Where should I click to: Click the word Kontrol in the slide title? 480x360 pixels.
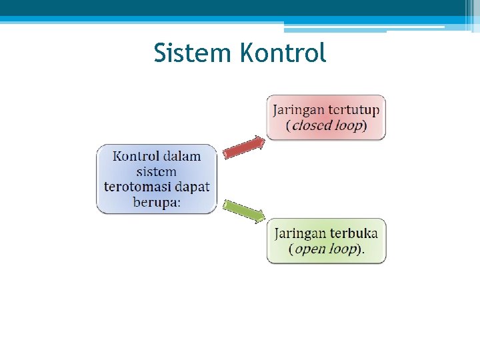pos(283,53)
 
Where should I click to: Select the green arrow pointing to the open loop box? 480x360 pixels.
pos(244,211)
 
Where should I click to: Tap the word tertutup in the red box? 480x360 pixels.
pos(354,109)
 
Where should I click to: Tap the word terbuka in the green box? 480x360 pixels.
pos(353,233)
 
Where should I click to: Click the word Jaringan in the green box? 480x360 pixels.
pos(300,234)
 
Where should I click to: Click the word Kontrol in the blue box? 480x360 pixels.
pos(136,156)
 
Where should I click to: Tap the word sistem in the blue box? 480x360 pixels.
pos(157,171)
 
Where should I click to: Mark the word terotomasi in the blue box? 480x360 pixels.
pos(137,186)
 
